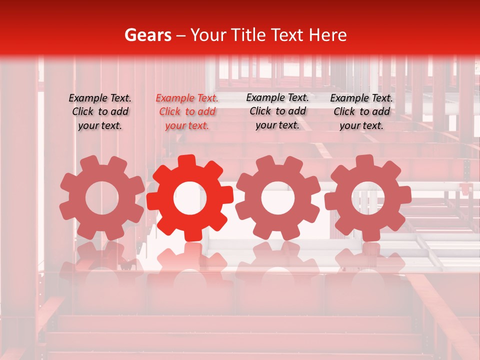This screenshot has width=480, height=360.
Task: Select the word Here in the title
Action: [327, 35]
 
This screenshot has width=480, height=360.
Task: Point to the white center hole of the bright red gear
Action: [190, 198]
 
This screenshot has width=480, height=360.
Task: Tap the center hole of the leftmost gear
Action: [102, 198]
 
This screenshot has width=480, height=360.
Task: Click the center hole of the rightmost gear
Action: [368, 197]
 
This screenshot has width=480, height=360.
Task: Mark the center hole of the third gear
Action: [278, 198]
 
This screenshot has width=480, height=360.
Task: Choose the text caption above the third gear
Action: [277, 111]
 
